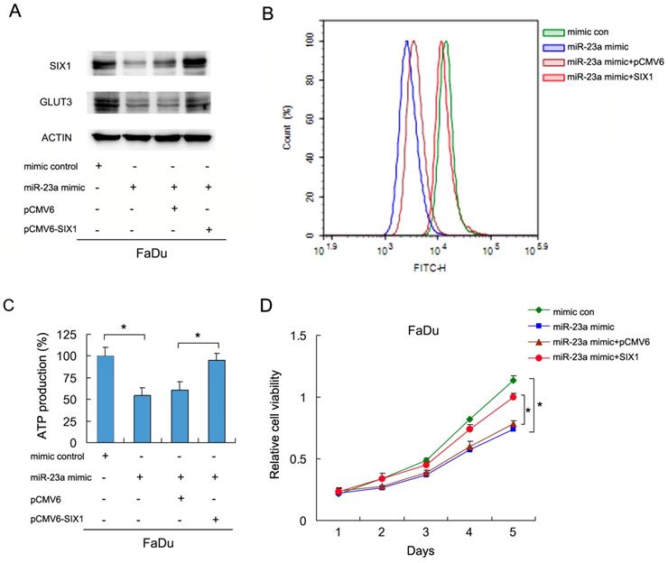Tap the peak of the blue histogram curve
tap(408, 42)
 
